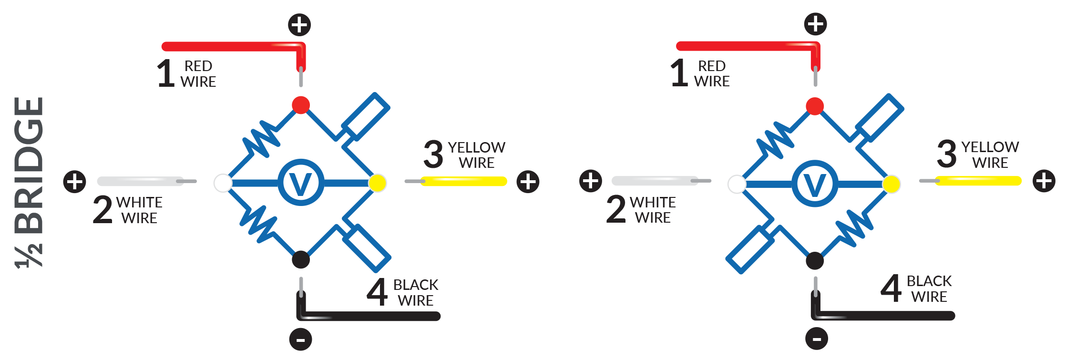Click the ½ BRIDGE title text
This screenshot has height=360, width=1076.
(x=30, y=181)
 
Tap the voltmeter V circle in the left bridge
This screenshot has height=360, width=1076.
(x=301, y=183)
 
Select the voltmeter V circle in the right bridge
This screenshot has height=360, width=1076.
(x=815, y=184)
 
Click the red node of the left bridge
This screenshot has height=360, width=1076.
(x=301, y=105)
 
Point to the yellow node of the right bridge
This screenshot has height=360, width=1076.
(x=892, y=184)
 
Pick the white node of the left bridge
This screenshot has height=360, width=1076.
(x=223, y=183)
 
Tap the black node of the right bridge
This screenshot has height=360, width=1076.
(x=815, y=261)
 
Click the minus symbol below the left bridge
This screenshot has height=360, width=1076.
(x=301, y=340)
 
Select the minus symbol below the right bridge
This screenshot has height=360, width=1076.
(x=817, y=339)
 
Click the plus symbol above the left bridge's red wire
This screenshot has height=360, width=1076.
(x=299, y=24)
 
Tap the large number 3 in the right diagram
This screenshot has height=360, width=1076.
(x=946, y=154)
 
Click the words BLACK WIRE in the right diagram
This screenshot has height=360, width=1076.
(x=929, y=289)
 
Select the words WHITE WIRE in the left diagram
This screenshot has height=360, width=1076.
(x=139, y=210)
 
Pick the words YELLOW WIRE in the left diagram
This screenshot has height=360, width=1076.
(x=477, y=155)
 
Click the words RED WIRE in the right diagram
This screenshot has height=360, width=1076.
(x=712, y=73)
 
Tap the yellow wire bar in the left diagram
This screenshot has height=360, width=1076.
(x=463, y=181)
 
